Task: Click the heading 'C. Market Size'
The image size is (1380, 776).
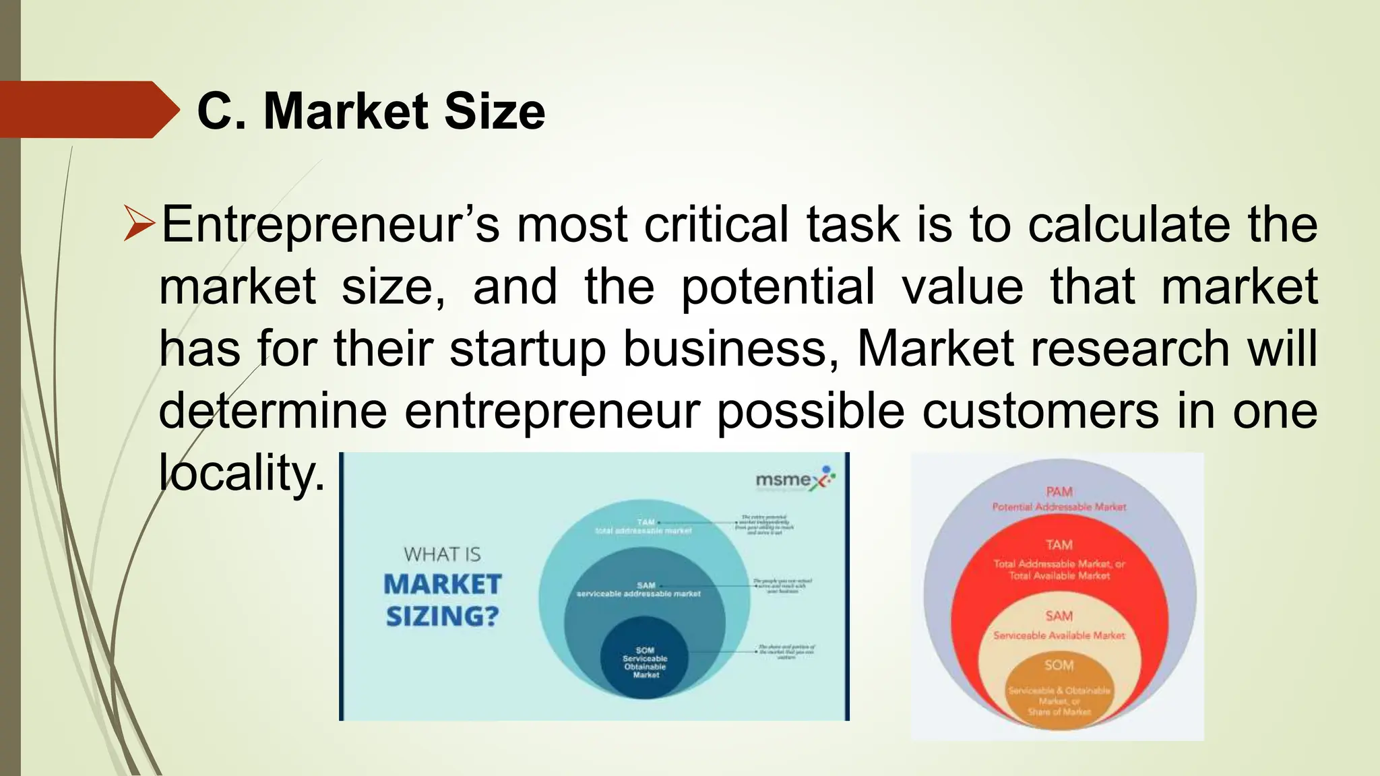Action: tap(371, 111)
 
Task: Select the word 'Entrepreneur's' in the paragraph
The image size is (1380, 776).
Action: tap(330, 224)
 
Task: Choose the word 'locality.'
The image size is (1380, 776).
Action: tap(242, 472)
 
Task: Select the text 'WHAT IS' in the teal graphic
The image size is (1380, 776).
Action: tap(442, 554)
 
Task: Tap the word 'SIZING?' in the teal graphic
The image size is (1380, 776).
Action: tap(442, 616)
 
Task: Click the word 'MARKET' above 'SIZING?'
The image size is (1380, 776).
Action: tap(442, 584)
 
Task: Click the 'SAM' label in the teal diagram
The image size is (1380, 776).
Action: tap(646, 585)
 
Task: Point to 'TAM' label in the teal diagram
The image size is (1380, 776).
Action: tap(646, 522)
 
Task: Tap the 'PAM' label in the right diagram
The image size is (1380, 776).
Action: tap(1059, 492)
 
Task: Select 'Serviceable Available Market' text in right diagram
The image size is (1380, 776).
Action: tap(1059, 635)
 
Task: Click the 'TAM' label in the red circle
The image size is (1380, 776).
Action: tap(1059, 545)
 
